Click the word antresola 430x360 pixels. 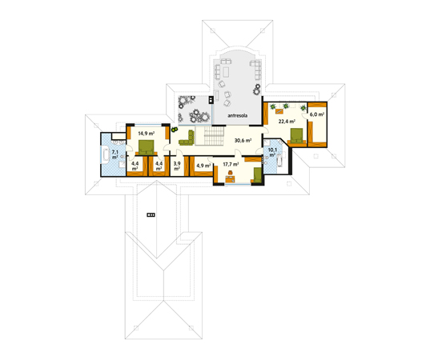238,116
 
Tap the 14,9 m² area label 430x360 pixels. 147,134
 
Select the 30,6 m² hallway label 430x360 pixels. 243,141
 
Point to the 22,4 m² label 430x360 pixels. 287,121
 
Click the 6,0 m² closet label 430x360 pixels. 317,114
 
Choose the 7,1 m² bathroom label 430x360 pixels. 115,154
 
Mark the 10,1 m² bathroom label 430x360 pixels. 272,152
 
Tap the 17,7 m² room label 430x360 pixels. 231,164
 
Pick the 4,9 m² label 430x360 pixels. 203,166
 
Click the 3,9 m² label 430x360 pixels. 177,166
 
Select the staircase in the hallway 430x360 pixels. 213,137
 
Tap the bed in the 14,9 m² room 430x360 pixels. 147,148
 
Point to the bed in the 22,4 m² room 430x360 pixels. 296,136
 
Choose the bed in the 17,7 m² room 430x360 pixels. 257,174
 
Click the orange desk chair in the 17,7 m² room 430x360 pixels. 231,172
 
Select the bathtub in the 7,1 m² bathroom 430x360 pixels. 106,154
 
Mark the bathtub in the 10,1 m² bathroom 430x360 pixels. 279,160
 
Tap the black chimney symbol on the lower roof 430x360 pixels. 151,214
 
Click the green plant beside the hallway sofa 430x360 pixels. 174,130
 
